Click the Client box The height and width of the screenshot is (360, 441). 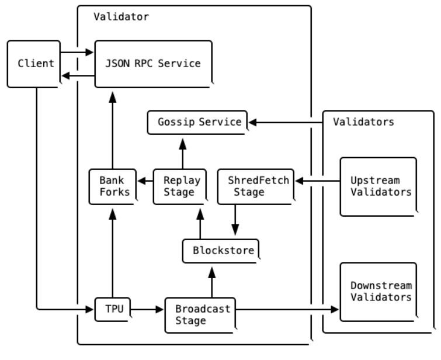click(34, 64)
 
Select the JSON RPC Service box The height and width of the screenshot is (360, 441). click(154, 64)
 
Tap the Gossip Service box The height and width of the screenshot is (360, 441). click(197, 123)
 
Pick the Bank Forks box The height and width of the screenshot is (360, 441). click(113, 186)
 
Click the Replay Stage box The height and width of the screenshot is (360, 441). click(180, 186)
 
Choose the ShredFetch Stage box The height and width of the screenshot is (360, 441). click(256, 186)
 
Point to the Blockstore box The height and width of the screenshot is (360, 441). click(221, 251)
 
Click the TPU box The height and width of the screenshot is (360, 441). click(113, 309)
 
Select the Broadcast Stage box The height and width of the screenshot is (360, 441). click(201, 315)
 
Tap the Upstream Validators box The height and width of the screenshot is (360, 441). click(379, 186)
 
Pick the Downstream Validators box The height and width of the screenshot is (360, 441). click(379, 292)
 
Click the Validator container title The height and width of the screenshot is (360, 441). click(121, 17)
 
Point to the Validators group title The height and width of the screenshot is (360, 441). click(363, 122)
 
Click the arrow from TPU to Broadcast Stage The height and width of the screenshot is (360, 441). click(147, 310)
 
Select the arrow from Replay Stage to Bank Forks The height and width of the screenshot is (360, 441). click(145, 181)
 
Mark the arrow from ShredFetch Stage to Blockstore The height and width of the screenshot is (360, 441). click(235, 220)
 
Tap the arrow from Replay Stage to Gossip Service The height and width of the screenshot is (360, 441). click(183, 154)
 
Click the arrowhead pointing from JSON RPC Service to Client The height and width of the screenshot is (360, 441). click(66, 76)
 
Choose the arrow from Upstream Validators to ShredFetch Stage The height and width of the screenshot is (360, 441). click(318, 181)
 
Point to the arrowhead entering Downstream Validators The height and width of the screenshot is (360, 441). click(335, 310)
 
